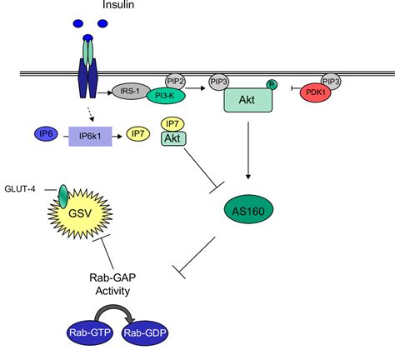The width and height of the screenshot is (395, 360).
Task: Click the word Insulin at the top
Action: (118, 4)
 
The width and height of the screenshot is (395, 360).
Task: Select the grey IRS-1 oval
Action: (130, 91)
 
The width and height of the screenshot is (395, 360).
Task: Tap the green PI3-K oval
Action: (166, 96)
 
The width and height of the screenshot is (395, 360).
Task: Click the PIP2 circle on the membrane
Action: (175, 82)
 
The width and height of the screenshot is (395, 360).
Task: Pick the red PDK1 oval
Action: (315, 92)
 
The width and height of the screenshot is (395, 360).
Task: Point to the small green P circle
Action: (272, 84)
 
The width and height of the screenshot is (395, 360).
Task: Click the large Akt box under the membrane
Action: (248, 100)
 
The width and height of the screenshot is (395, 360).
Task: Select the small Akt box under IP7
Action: (173, 138)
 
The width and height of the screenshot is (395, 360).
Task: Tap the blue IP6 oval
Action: (46, 134)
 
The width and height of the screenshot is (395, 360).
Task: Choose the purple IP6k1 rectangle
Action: (90, 137)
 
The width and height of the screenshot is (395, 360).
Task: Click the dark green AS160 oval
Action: (248, 209)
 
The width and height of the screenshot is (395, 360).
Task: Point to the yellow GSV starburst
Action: (80, 214)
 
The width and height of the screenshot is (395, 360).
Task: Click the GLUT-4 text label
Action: (20, 189)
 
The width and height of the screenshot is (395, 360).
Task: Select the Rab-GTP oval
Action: (90, 332)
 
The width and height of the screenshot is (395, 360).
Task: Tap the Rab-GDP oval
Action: (145, 332)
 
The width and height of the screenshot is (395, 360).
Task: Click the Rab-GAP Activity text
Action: (112, 284)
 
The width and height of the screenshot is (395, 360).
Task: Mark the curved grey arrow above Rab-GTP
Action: (115, 307)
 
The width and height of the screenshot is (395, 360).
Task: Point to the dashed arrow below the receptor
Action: (91, 114)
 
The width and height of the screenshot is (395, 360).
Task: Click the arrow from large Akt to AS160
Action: (248, 150)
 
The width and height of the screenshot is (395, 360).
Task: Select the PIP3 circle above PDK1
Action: (331, 82)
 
